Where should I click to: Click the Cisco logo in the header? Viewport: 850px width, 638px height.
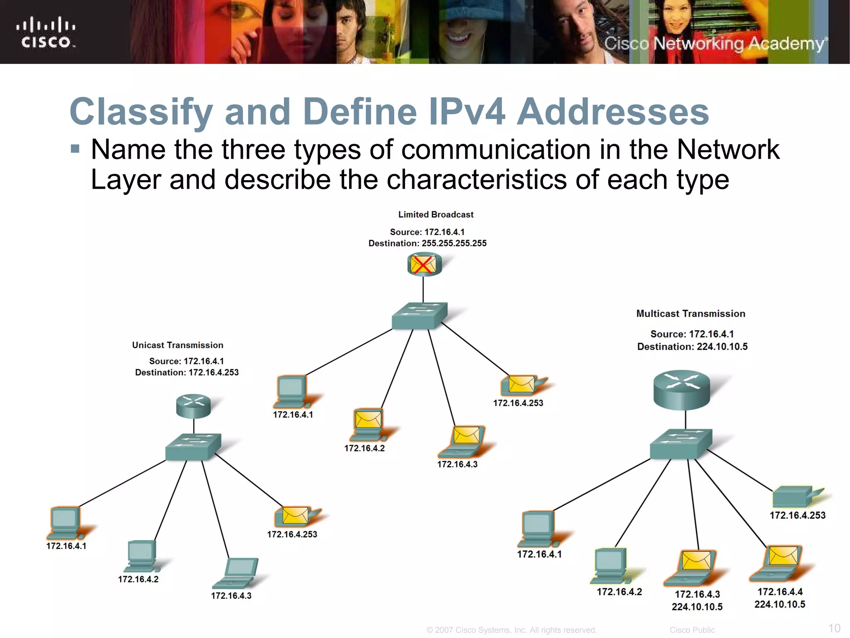click(x=46, y=32)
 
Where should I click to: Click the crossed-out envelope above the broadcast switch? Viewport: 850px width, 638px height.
click(x=423, y=265)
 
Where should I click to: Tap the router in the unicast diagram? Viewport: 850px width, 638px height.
click(x=193, y=405)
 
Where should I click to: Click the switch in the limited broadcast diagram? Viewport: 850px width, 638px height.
click(x=420, y=316)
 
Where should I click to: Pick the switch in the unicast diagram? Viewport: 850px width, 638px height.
click(x=193, y=447)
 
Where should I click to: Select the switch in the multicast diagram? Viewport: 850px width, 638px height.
click(x=681, y=443)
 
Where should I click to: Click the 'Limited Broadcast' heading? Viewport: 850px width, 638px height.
click(x=436, y=215)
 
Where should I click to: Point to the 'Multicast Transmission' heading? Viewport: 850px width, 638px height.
click(x=691, y=314)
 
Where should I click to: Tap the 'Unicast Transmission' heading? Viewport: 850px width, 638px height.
click(x=178, y=345)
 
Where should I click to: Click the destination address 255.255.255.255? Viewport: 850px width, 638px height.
click(x=454, y=243)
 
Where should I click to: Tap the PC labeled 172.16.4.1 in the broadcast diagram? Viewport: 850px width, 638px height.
click(x=291, y=391)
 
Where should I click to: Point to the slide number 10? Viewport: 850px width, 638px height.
click(x=834, y=628)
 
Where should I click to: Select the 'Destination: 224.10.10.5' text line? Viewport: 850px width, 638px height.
click(x=692, y=347)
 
